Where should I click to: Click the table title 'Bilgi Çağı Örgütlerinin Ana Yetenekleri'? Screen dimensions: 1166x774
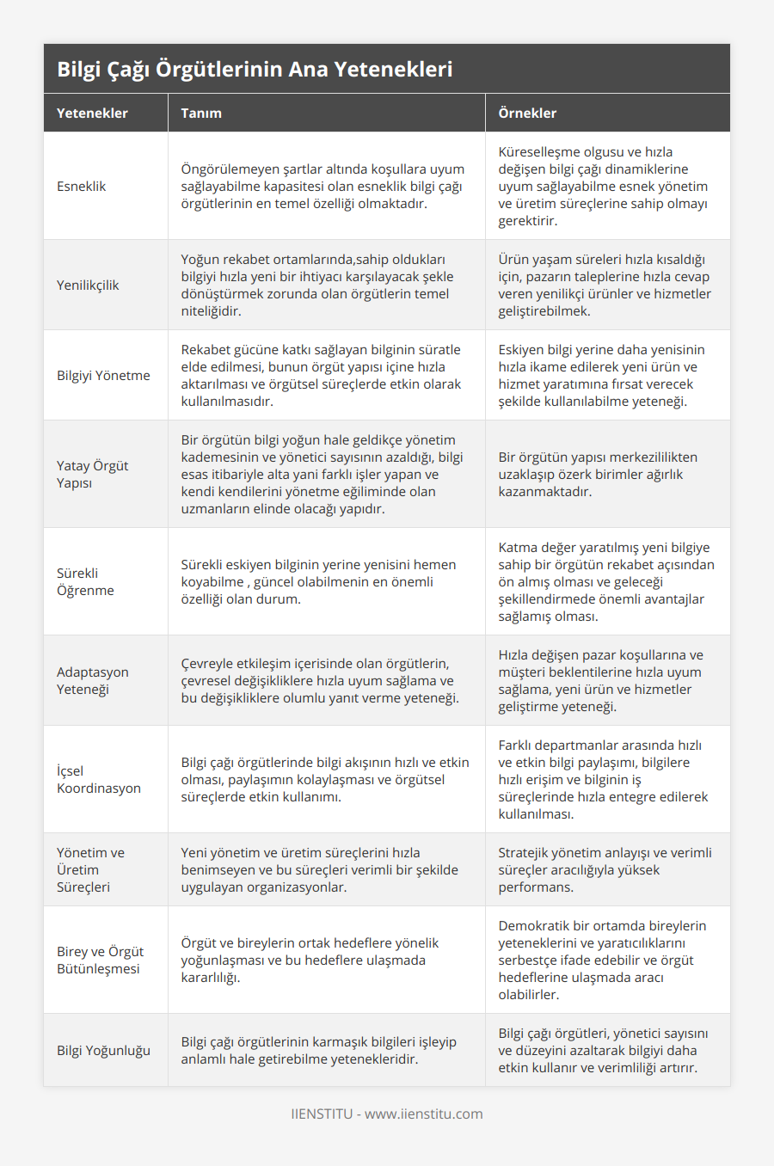pos(255,70)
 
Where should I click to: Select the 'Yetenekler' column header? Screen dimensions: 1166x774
pos(92,114)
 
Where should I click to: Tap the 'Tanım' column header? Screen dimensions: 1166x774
pos(201,114)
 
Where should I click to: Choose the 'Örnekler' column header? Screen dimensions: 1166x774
pos(527,114)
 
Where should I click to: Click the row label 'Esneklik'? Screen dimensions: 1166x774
pos(82,187)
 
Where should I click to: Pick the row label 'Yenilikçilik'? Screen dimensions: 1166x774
pos(88,285)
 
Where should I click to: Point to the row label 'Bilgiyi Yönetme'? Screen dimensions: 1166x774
pos(103,376)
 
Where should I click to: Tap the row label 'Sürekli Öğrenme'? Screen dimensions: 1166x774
pos(85,582)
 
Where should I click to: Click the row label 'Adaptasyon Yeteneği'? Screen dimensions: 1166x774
pos(93,681)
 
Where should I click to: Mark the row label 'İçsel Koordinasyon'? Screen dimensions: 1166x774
pos(99,780)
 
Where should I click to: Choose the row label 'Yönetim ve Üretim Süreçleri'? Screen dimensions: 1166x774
pos(90,870)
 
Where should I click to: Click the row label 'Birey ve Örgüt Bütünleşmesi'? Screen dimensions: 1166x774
pos(100,960)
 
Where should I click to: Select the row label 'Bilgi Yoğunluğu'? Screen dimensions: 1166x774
pos(103,1051)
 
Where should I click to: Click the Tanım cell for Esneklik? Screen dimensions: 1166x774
pos(322,187)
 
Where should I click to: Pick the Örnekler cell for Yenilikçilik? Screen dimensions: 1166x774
pos(605,285)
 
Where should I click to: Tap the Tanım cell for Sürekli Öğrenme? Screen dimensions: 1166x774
pos(318,582)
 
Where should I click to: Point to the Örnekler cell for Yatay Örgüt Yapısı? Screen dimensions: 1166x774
pos(598,475)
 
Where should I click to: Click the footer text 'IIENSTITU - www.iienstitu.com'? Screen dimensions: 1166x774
pos(387,1114)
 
